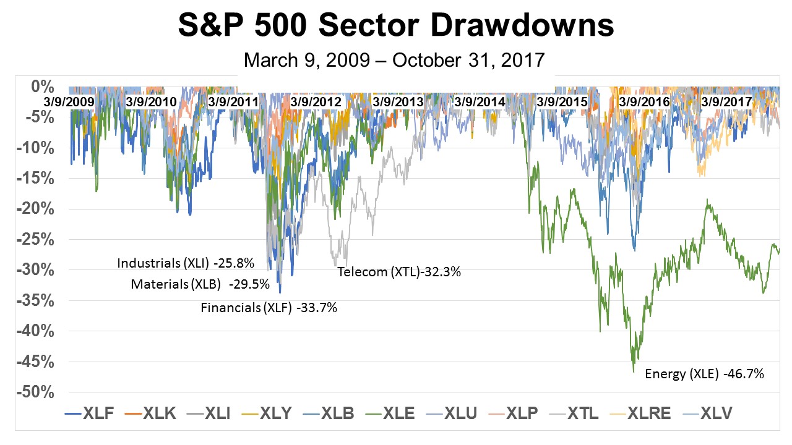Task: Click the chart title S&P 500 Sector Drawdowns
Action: tap(396, 26)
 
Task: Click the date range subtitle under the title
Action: tap(395, 60)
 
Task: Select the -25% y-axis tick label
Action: tap(38, 239)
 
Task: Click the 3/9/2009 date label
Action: tap(69, 101)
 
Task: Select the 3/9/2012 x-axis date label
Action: tap(316, 101)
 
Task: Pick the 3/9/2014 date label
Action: tap(480, 101)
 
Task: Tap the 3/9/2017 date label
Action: tap(726, 101)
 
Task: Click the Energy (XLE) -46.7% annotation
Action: tap(705, 373)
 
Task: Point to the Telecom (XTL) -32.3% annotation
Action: tap(399, 271)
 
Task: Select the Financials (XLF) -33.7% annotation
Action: tap(269, 307)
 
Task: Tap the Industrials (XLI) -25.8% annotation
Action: tap(186, 264)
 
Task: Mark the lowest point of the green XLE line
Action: tap(633, 372)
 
